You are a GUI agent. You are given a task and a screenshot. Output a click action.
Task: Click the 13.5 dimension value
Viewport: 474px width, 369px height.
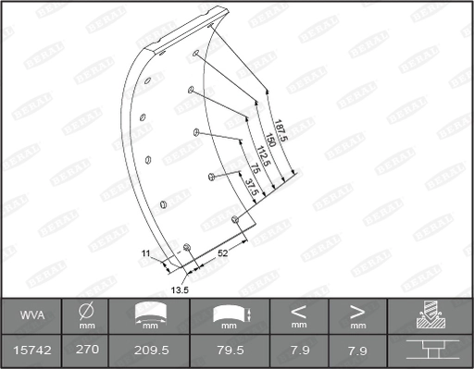[181, 289]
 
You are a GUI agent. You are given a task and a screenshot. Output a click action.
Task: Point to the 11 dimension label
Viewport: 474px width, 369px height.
[145, 252]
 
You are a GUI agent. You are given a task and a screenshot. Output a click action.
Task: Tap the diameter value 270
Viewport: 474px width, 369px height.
[86, 351]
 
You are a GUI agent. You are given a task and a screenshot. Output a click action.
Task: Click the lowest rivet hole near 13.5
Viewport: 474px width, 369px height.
[187, 247]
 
